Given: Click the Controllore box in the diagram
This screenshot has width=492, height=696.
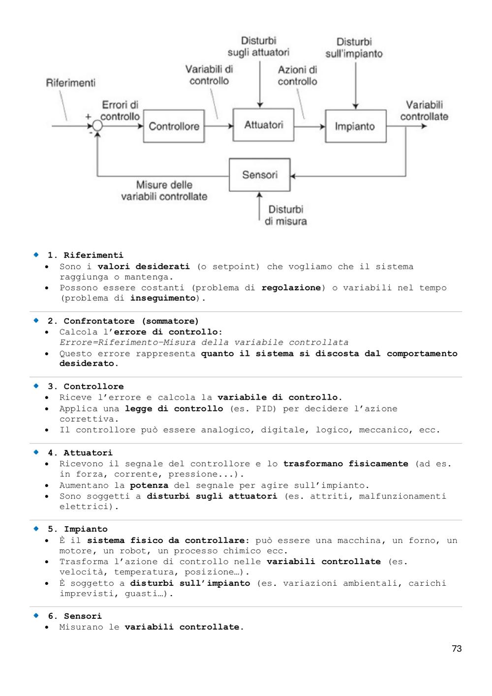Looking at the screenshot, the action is point(174,126).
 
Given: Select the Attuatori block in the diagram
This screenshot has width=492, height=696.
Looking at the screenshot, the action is point(263,125).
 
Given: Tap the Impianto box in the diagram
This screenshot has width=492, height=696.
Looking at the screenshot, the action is point(356,126).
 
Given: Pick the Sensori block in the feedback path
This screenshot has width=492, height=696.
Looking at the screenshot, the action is point(260,175).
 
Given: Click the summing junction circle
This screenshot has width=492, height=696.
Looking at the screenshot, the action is point(97,126).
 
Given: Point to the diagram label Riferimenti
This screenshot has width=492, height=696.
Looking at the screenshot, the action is point(70,83).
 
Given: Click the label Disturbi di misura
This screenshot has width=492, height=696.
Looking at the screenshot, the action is point(286,215).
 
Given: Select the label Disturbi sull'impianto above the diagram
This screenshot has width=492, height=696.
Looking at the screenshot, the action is point(354,48).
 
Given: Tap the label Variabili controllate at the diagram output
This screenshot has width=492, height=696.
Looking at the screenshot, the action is point(424,111).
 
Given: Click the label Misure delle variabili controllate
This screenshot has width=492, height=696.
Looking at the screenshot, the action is point(164,190).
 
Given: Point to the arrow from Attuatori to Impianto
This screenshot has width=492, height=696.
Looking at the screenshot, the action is point(309,127).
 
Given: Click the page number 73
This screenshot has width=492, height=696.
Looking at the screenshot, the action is point(457,648).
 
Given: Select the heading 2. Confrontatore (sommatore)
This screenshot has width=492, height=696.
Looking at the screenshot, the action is point(123,321).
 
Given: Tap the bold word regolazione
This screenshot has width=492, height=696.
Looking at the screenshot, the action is point(291,288).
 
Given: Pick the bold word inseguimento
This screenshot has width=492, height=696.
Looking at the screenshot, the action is point(163,298).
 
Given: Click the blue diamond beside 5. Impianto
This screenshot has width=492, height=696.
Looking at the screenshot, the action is point(36,529).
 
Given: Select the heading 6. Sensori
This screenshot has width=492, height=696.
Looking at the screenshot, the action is point(75,616).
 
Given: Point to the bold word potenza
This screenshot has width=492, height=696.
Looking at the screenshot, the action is point(149,485).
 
